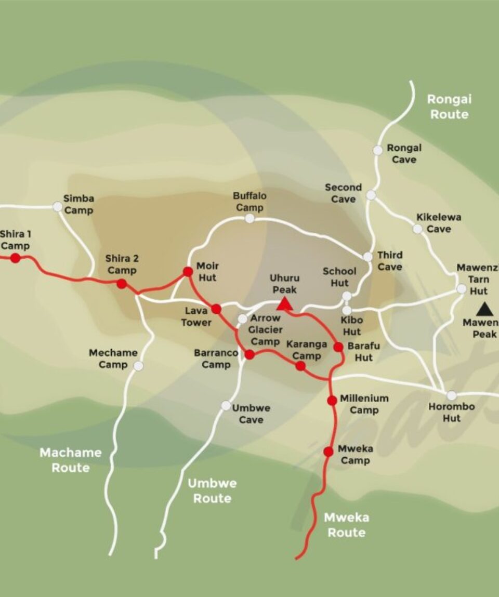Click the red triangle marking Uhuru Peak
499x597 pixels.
284,304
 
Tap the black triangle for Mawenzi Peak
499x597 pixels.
485,310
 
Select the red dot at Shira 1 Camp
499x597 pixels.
16,258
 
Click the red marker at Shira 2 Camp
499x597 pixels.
122,283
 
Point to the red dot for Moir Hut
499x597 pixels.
188,271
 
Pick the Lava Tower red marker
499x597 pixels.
216,309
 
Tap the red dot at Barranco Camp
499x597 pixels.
249,354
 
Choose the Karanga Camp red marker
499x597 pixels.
300,366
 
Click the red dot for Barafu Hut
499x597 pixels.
338,347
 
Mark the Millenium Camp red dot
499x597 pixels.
332,400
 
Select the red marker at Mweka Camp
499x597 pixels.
329,452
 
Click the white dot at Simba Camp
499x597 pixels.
57,207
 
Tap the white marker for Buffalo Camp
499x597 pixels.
250,218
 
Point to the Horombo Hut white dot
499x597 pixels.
452,395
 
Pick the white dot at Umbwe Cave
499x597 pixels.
226,405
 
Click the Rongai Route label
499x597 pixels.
449,107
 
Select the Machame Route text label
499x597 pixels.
71,460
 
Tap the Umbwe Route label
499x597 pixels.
212,490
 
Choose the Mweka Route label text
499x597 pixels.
346,525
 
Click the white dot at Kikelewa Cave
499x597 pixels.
417,229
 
